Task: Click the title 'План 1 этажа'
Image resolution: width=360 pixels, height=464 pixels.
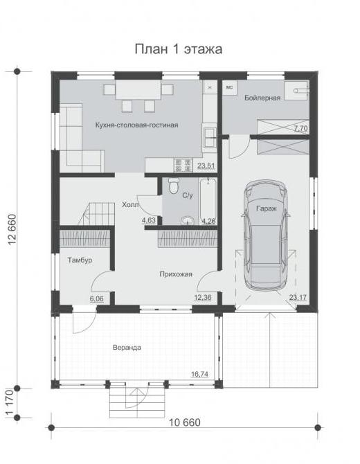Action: pyautogui.click(x=179, y=49)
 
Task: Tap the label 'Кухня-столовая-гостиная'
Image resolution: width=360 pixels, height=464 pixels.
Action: pyautogui.click(x=136, y=125)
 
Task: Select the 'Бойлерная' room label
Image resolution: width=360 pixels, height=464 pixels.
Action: pyautogui.click(x=262, y=98)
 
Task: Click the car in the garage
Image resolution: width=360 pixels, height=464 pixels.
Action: pyautogui.click(x=266, y=235)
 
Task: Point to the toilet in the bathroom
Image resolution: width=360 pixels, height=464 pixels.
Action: pyautogui.click(x=173, y=186)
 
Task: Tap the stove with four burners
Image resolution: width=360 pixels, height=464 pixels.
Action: pyautogui.click(x=183, y=165)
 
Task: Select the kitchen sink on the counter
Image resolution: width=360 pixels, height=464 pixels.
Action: pyautogui.click(x=210, y=137)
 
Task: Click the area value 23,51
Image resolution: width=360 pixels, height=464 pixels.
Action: pyautogui.click(x=206, y=166)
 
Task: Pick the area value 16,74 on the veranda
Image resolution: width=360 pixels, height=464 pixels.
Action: pyautogui.click(x=199, y=374)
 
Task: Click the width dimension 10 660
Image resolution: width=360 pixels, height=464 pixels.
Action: pyautogui.click(x=185, y=422)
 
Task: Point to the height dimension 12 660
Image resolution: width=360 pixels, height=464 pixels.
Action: pyautogui.click(x=12, y=229)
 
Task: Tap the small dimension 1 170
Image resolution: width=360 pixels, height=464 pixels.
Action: pyautogui.click(x=10, y=403)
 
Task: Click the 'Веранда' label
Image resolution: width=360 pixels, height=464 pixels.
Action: pyautogui.click(x=127, y=348)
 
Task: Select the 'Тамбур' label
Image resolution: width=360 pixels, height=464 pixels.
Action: pyautogui.click(x=80, y=260)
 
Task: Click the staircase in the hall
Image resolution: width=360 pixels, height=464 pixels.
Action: pyautogui.click(x=96, y=214)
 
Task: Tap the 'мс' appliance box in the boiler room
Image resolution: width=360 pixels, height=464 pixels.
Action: pyautogui.click(x=230, y=87)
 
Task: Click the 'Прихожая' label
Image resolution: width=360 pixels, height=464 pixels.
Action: pyautogui.click(x=176, y=274)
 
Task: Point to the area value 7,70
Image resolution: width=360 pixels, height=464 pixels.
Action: pyautogui.click(x=300, y=129)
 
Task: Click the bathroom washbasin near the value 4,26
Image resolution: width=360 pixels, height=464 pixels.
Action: pyautogui.click(x=188, y=220)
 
